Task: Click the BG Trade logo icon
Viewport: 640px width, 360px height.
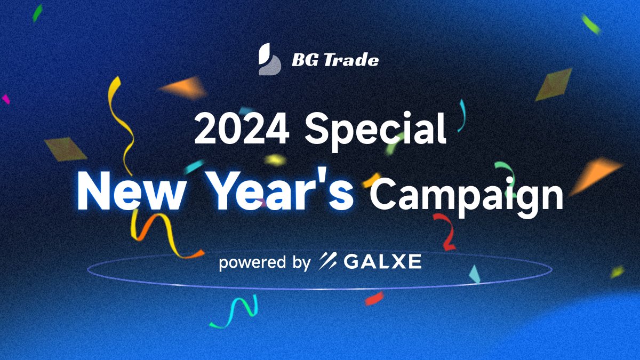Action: (x=270, y=59)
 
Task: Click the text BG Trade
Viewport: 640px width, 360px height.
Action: (x=335, y=60)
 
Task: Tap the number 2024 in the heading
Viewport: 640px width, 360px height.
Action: (x=242, y=129)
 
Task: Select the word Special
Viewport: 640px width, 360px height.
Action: (x=375, y=131)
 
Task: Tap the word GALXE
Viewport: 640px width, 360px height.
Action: (x=383, y=261)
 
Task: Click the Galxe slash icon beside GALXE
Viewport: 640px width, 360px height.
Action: (x=327, y=261)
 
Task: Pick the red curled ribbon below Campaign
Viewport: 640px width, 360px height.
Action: (x=446, y=232)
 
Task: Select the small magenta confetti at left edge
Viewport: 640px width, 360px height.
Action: (x=6, y=99)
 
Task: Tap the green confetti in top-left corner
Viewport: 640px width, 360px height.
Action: (x=37, y=13)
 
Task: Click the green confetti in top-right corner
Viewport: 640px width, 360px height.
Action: (x=590, y=24)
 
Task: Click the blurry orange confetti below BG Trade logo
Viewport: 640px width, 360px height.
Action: (x=184, y=88)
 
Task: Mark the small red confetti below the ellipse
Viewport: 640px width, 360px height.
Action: (x=374, y=298)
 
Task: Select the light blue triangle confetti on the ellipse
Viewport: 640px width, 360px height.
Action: (x=474, y=274)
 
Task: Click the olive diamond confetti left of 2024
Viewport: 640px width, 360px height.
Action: (x=66, y=149)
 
